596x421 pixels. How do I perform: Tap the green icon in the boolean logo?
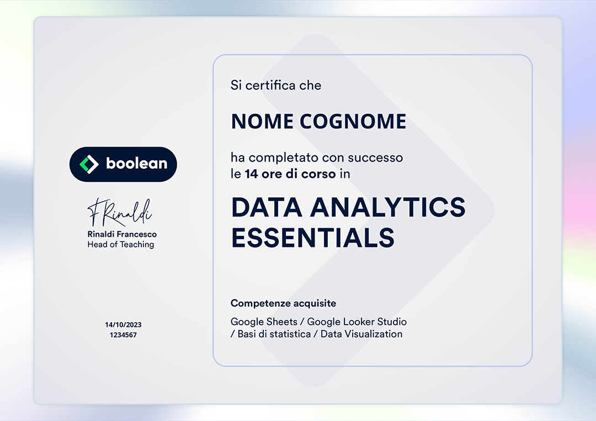click(x=88, y=164)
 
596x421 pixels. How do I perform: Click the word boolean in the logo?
click(x=136, y=164)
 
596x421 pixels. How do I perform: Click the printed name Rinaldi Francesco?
click(x=122, y=234)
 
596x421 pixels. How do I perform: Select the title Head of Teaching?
click(x=121, y=244)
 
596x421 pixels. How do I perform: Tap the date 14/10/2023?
click(x=124, y=325)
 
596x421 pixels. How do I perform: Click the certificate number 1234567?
click(x=124, y=334)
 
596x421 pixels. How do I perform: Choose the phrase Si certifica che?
click(x=276, y=85)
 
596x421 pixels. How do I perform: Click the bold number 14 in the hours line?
click(x=251, y=174)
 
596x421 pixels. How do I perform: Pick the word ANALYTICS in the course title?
click(x=388, y=207)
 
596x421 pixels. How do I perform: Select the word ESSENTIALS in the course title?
click(x=313, y=238)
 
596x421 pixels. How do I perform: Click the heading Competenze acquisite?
click(x=283, y=303)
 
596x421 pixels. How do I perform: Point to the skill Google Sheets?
click(x=264, y=321)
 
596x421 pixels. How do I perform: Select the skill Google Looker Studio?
click(x=357, y=321)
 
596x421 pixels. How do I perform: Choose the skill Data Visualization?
click(x=361, y=334)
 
